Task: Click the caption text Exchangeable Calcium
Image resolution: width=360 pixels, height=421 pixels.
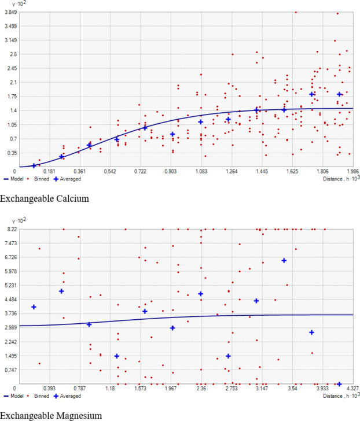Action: [x=39, y=199]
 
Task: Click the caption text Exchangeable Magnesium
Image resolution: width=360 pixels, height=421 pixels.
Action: [x=44, y=415]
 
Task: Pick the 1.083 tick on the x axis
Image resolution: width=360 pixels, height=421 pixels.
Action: [x=201, y=172]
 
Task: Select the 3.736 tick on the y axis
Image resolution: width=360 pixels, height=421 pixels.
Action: [x=10, y=313]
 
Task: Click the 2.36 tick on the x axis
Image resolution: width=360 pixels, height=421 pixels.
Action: [x=201, y=389]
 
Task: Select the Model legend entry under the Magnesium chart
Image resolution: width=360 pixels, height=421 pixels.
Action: [x=16, y=396]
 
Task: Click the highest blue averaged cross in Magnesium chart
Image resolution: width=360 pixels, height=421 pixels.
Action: [x=284, y=261]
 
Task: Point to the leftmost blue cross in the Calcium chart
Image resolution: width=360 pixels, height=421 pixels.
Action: [x=34, y=165]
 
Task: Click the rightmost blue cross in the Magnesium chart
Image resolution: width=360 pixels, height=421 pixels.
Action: [x=339, y=383]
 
